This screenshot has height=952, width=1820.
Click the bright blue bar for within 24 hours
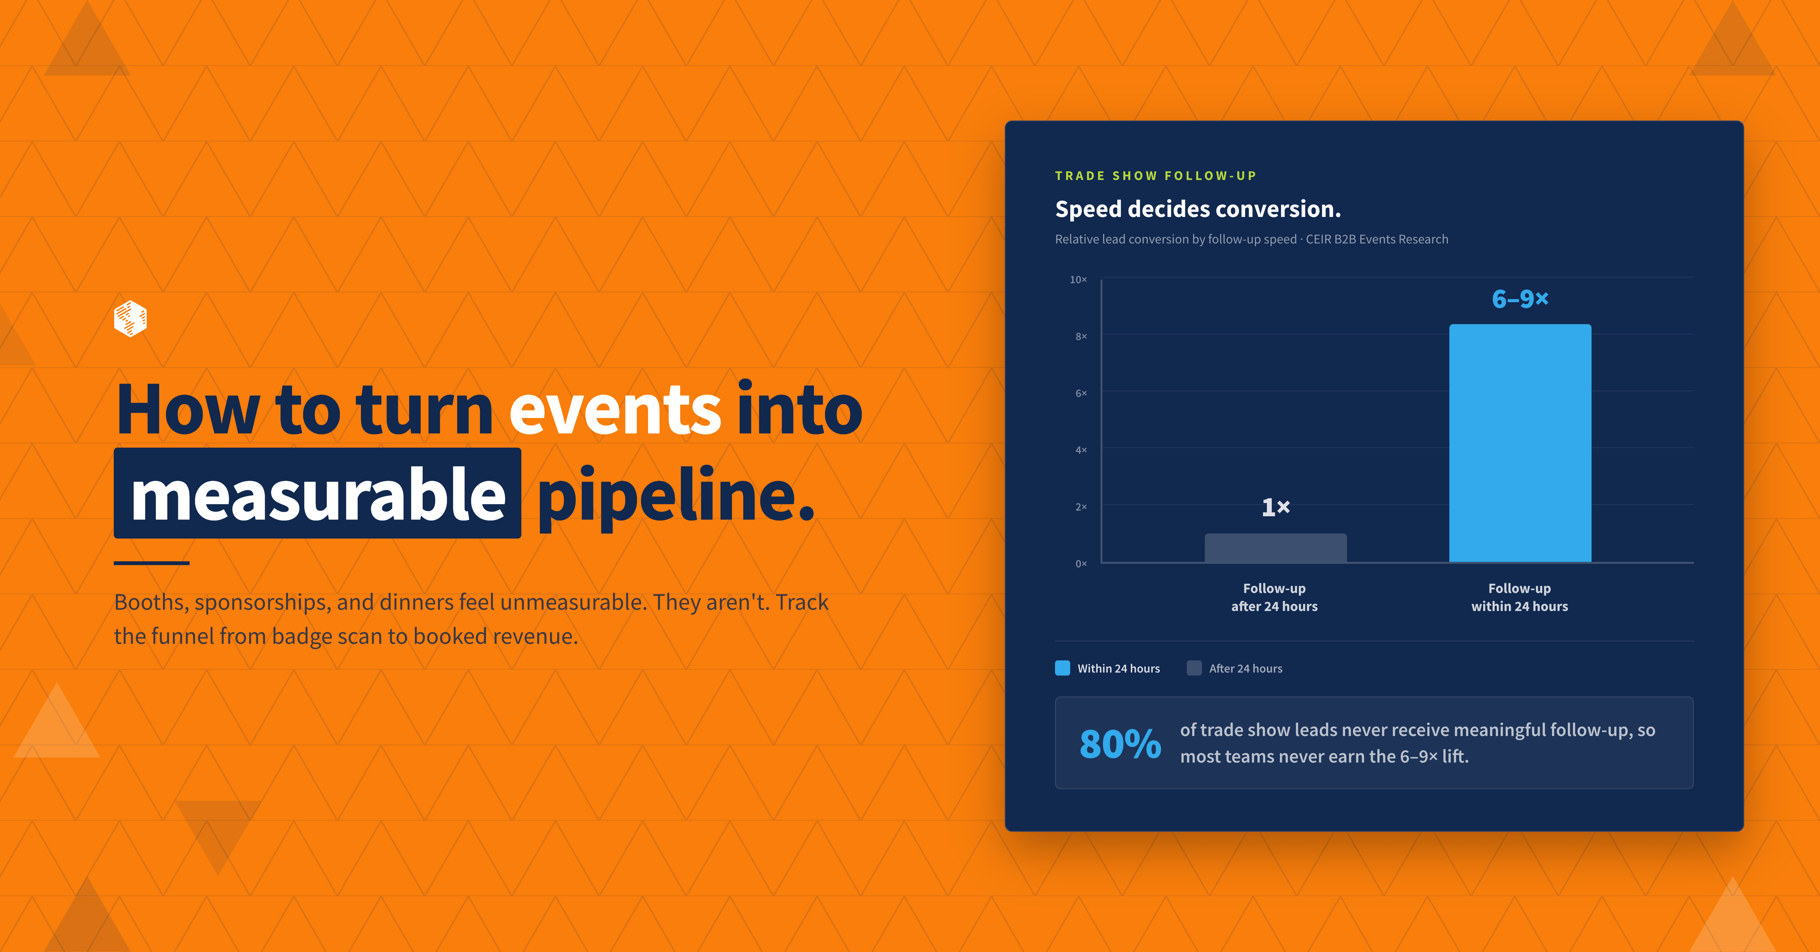click(x=1520, y=443)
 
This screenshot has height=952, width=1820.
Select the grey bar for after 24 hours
click(x=1275, y=548)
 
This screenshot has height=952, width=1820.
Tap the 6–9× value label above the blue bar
click(x=1520, y=299)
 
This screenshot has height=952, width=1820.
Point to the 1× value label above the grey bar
click(x=1275, y=507)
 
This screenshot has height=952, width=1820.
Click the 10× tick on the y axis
click(x=1078, y=280)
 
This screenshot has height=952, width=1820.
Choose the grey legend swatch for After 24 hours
click(x=1194, y=668)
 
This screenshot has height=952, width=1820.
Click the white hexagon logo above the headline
click(x=130, y=319)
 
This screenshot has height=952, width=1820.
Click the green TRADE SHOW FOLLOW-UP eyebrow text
click(x=1156, y=176)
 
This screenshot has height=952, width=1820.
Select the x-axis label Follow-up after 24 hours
click(x=1275, y=597)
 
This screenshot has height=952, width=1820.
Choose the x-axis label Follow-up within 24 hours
click(x=1520, y=597)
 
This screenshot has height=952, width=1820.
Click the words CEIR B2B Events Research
click(x=1377, y=239)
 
